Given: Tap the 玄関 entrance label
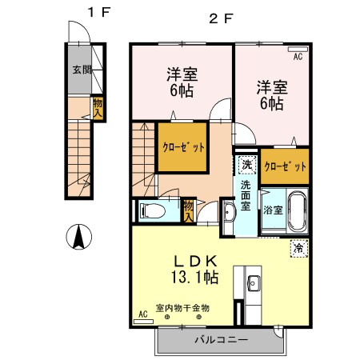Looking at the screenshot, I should point(81,70).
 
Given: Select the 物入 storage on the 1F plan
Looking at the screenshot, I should point(98,106).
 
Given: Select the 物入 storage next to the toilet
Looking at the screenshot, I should point(189,210).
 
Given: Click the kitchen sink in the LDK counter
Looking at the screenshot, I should point(254,282).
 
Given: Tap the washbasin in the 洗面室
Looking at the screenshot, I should point(229,214).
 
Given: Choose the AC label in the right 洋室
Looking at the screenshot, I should point(298,57).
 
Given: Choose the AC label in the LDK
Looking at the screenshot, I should point(143,314).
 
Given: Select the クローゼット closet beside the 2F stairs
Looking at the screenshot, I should point(186,147).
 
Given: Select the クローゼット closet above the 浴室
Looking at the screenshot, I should point(285,166).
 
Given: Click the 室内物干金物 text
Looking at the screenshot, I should point(182,307).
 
